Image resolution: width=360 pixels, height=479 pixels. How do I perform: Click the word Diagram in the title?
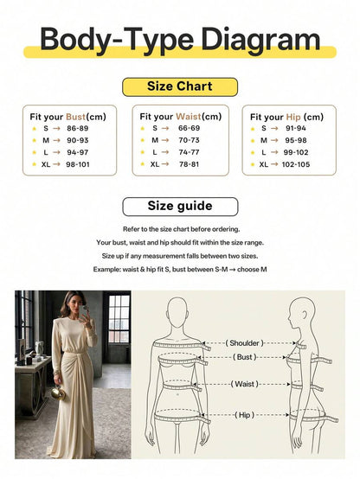click(260, 40)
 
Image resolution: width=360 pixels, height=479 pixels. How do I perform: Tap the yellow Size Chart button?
click(180, 86)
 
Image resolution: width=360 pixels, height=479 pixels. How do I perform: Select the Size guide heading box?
click(180, 207)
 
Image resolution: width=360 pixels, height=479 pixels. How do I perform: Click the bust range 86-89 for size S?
click(77, 128)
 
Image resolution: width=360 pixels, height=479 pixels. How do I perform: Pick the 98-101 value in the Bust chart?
click(78, 164)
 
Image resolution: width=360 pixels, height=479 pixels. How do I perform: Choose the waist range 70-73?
click(189, 140)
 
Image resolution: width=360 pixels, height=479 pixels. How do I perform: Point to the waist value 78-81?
click(189, 164)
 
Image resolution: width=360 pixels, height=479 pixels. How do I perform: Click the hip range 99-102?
click(296, 152)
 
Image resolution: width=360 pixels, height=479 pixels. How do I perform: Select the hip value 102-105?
click(296, 164)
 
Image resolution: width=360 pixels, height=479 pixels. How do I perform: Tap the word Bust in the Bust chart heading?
click(75, 117)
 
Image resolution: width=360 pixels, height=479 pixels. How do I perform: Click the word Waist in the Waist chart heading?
click(189, 117)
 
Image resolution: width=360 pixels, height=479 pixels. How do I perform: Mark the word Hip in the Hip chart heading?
click(293, 117)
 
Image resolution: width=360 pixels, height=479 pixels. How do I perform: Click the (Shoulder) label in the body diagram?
click(244, 343)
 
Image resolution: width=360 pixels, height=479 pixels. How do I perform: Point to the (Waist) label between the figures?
click(244, 384)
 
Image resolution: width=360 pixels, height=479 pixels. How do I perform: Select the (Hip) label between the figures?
click(244, 415)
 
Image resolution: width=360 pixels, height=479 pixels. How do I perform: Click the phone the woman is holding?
click(85, 310)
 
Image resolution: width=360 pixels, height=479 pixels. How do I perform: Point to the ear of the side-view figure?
click(305, 315)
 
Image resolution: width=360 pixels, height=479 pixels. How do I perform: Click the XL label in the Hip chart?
click(264, 164)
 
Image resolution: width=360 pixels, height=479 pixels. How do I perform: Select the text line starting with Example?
click(180, 270)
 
